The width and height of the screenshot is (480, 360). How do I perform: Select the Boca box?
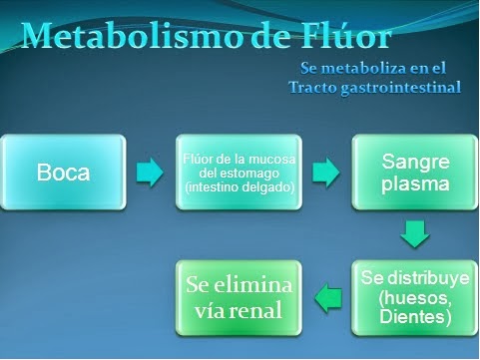point(63,172)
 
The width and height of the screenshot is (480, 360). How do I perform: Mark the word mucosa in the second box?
point(260,159)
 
